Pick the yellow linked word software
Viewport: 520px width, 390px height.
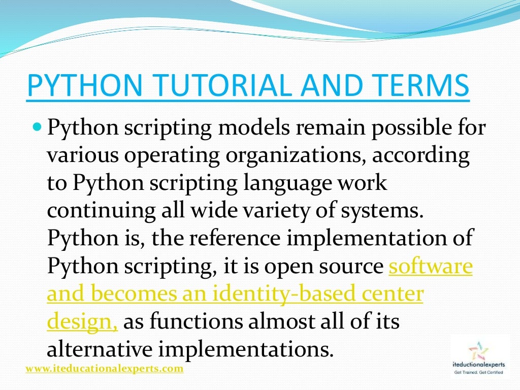coord(431,266)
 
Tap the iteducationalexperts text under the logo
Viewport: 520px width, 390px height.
coord(478,367)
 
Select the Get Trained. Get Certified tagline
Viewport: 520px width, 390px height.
coord(478,373)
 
